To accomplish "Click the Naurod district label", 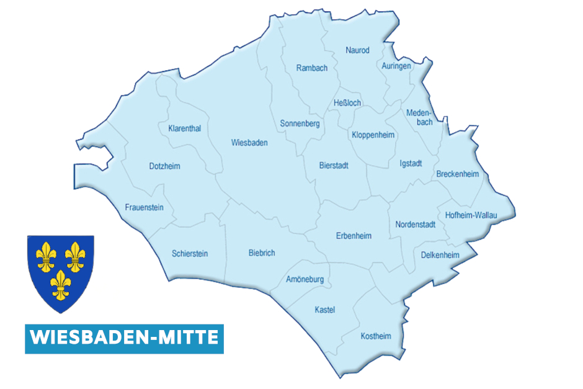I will click(x=357, y=50).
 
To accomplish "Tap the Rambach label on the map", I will click(x=312, y=68).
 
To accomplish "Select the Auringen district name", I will click(x=396, y=66).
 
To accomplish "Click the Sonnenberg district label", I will click(x=300, y=123).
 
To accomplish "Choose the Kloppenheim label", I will click(x=373, y=135).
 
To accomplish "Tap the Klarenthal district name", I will click(x=184, y=128).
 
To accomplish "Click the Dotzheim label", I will click(x=165, y=166).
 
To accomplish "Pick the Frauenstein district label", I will click(x=144, y=207).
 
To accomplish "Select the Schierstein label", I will click(x=190, y=253).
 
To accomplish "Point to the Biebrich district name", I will click(x=261, y=253).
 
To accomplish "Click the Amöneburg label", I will click(x=305, y=279).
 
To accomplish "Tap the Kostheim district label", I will click(x=376, y=336).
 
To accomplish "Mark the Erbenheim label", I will click(x=354, y=236).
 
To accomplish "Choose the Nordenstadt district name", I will click(x=416, y=224).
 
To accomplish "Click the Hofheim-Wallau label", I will click(x=471, y=215).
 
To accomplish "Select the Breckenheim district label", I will click(x=457, y=174).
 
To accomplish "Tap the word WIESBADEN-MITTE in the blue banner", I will click(x=124, y=338).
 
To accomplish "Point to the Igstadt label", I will click(x=411, y=163).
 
